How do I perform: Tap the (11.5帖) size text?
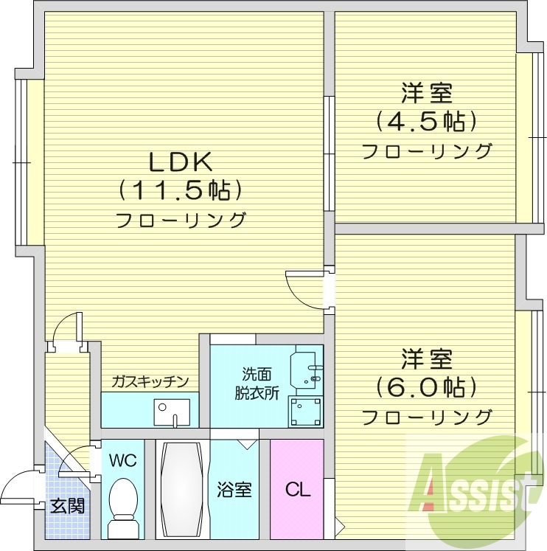point(181,191)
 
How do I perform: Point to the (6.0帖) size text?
point(426,386)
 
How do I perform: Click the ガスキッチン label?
point(150,381)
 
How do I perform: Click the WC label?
point(122,461)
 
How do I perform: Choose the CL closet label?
point(297,489)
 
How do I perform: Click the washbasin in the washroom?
point(310,366)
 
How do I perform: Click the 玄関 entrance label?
point(66,506)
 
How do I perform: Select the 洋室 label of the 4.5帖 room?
point(426,94)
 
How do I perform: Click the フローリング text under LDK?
point(181,219)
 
